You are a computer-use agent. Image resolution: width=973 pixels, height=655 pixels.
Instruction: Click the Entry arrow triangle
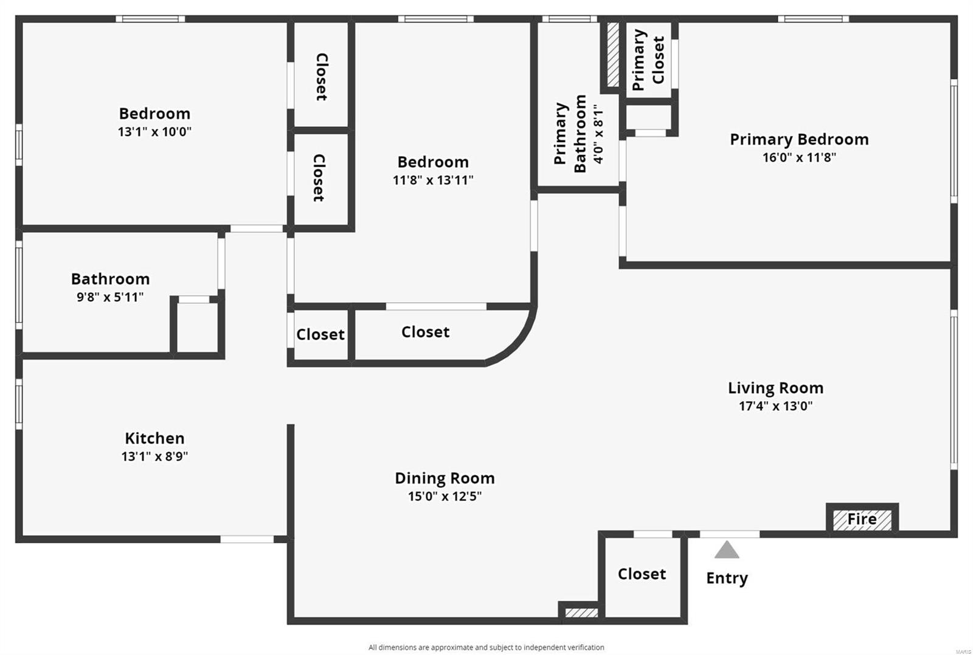pos(727,550)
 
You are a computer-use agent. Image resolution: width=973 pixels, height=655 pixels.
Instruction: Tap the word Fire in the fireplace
pos(862,520)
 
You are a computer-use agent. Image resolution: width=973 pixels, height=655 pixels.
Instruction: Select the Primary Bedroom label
pos(799,139)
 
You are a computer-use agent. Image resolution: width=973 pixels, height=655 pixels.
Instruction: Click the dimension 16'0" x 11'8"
pos(799,157)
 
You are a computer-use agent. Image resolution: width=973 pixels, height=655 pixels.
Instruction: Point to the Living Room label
pos(775,388)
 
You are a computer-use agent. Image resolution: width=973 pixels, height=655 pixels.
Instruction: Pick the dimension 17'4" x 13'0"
pos(775,406)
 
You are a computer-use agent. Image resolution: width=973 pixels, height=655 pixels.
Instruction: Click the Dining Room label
pos(445,478)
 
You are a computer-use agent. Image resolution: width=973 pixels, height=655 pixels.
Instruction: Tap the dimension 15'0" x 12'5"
pos(445,496)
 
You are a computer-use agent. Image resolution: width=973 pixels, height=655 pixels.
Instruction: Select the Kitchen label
pos(154,438)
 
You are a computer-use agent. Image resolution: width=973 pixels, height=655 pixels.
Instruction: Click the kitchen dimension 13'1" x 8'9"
pos(154,456)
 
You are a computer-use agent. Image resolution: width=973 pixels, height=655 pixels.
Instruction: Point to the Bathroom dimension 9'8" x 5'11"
pos(110,297)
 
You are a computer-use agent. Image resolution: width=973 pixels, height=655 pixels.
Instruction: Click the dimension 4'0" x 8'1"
pos(599,134)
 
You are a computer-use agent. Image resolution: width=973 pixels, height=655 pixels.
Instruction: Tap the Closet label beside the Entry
pos(642,574)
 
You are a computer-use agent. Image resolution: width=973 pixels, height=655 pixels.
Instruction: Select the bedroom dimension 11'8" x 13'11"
pos(433,180)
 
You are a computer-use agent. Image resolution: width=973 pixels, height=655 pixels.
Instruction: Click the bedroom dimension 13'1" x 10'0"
pos(154,131)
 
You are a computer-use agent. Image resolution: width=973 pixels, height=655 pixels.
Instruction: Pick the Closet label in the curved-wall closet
pos(425,332)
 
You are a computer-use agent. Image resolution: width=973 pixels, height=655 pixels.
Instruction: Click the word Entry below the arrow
pos(727,578)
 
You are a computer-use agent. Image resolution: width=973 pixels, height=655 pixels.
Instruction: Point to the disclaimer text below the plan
pos(486,647)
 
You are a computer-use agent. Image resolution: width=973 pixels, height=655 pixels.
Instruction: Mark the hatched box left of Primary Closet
pos(613,55)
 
